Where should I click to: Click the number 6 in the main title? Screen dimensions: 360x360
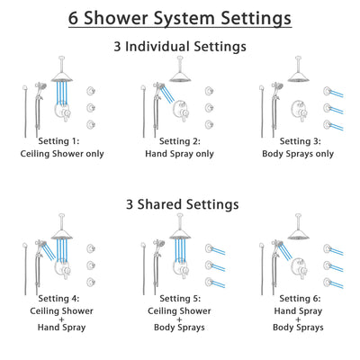pyautogui.click(x=74, y=18)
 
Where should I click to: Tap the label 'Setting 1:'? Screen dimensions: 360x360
pyautogui.click(x=64, y=141)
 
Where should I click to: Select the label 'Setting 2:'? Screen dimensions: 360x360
pyautogui.click(x=181, y=141)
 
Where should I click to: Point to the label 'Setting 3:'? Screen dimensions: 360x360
pyautogui.click(x=298, y=141)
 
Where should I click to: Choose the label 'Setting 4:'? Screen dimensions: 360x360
pyautogui.click(x=64, y=300)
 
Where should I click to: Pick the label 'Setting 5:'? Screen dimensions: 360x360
pyautogui.click(x=181, y=300)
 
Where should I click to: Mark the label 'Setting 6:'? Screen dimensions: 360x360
pyautogui.click(x=298, y=300)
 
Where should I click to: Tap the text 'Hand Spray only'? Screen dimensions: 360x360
pyautogui.click(x=181, y=154)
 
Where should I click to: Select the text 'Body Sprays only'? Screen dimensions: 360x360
pyautogui.click(x=298, y=154)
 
